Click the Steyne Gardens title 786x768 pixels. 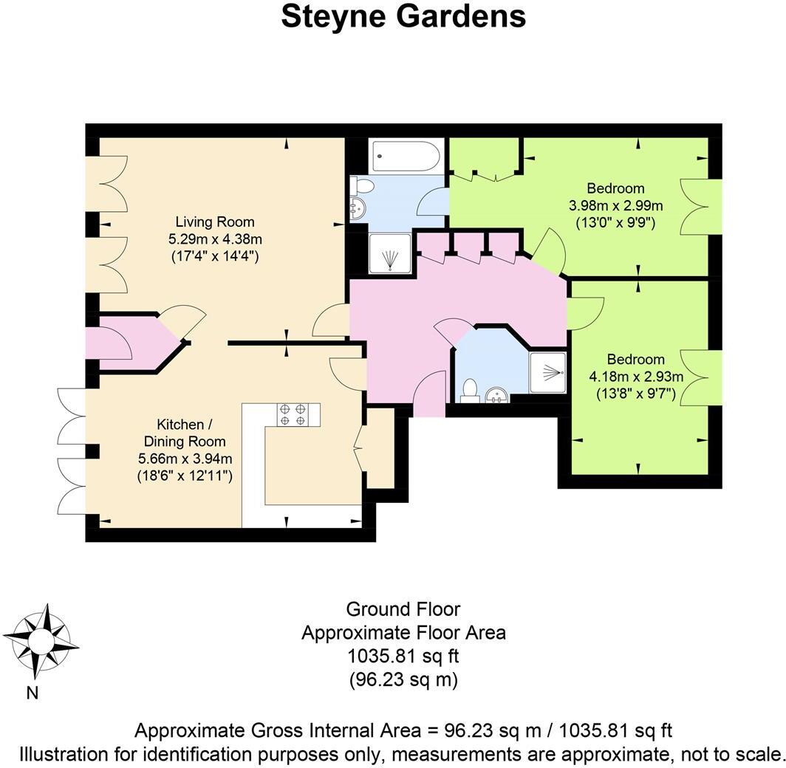[403, 16]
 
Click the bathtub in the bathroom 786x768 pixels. [406, 157]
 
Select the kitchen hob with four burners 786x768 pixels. [293, 414]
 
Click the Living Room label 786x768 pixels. [214, 222]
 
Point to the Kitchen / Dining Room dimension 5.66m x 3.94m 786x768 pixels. [185, 459]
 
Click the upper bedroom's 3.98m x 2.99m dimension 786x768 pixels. [615, 205]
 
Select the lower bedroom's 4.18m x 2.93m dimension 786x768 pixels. [636, 376]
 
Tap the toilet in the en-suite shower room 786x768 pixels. [469, 391]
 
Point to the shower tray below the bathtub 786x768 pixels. [391, 256]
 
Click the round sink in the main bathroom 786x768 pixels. [358, 209]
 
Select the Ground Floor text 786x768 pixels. [403, 609]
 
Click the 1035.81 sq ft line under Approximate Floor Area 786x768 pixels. [403, 656]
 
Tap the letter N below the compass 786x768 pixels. [32, 692]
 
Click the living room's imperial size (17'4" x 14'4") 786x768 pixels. [214, 256]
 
